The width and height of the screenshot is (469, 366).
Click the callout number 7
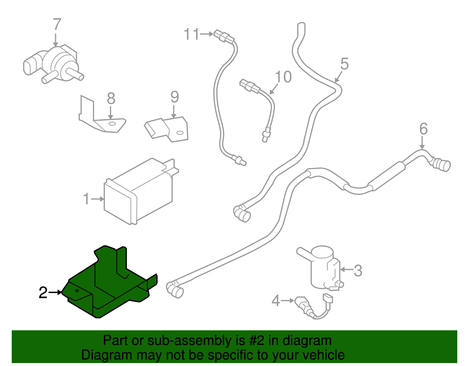[57, 25]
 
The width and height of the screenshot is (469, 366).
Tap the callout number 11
[191, 34]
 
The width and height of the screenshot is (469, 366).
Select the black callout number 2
[43, 292]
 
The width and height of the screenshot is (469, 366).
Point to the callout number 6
[423, 129]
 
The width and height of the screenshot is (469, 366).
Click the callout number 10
[283, 77]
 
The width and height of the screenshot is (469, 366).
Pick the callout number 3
[358, 270]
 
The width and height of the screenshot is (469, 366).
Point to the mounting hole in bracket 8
[111, 124]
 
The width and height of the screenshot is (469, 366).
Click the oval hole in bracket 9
[180, 133]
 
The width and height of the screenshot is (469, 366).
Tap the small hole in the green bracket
[77, 291]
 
